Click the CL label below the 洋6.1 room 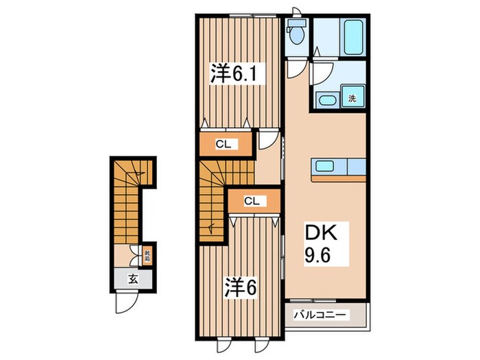(224, 144)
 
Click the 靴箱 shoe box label (146, 257)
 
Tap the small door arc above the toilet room (296, 12)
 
